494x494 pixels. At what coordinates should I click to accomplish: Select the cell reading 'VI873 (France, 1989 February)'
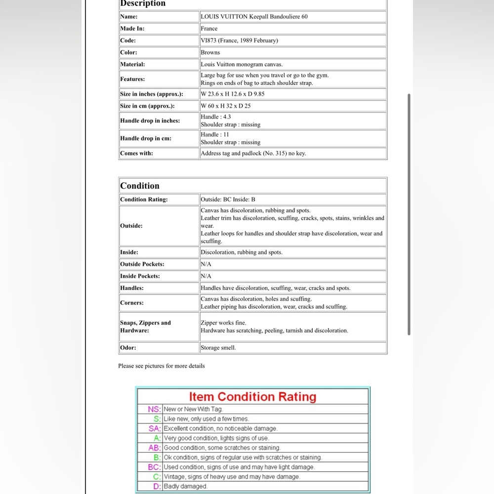click(x=239, y=41)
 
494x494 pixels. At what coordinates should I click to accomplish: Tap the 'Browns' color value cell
click(x=210, y=52)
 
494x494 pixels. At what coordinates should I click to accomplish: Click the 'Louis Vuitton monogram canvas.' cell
click(x=242, y=64)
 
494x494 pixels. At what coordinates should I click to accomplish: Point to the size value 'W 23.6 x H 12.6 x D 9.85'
click(x=233, y=94)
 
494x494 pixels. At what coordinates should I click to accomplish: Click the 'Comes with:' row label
click(x=137, y=153)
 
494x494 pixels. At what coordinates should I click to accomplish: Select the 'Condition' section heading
click(x=140, y=186)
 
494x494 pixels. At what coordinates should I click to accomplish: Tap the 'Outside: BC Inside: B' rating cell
click(x=228, y=200)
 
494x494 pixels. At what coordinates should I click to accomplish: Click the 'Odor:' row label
click(x=128, y=348)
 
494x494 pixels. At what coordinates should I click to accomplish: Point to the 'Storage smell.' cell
click(x=218, y=348)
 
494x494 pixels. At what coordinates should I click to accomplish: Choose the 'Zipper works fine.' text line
click(x=223, y=323)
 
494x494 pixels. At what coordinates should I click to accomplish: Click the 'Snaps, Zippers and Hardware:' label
click(x=145, y=327)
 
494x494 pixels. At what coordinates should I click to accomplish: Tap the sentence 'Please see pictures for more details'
click(x=161, y=366)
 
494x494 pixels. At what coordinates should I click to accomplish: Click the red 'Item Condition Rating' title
click(x=252, y=397)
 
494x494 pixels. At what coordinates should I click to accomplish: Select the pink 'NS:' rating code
click(x=155, y=409)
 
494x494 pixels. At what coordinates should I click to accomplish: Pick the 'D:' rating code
click(x=158, y=487)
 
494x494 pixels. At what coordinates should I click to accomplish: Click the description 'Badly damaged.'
click(x=186, y=487)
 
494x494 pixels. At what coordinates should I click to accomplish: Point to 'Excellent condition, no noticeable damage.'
click(x=220, y=429)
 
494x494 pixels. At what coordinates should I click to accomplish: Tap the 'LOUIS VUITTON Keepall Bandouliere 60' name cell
click(x=254, y=17)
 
